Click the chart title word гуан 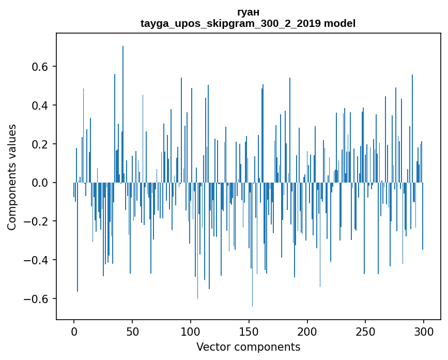248,12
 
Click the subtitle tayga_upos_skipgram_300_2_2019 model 248,23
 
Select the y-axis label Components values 12,177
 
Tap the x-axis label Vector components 248,347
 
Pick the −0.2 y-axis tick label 37,221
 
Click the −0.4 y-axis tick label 37,260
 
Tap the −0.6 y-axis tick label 37,299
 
